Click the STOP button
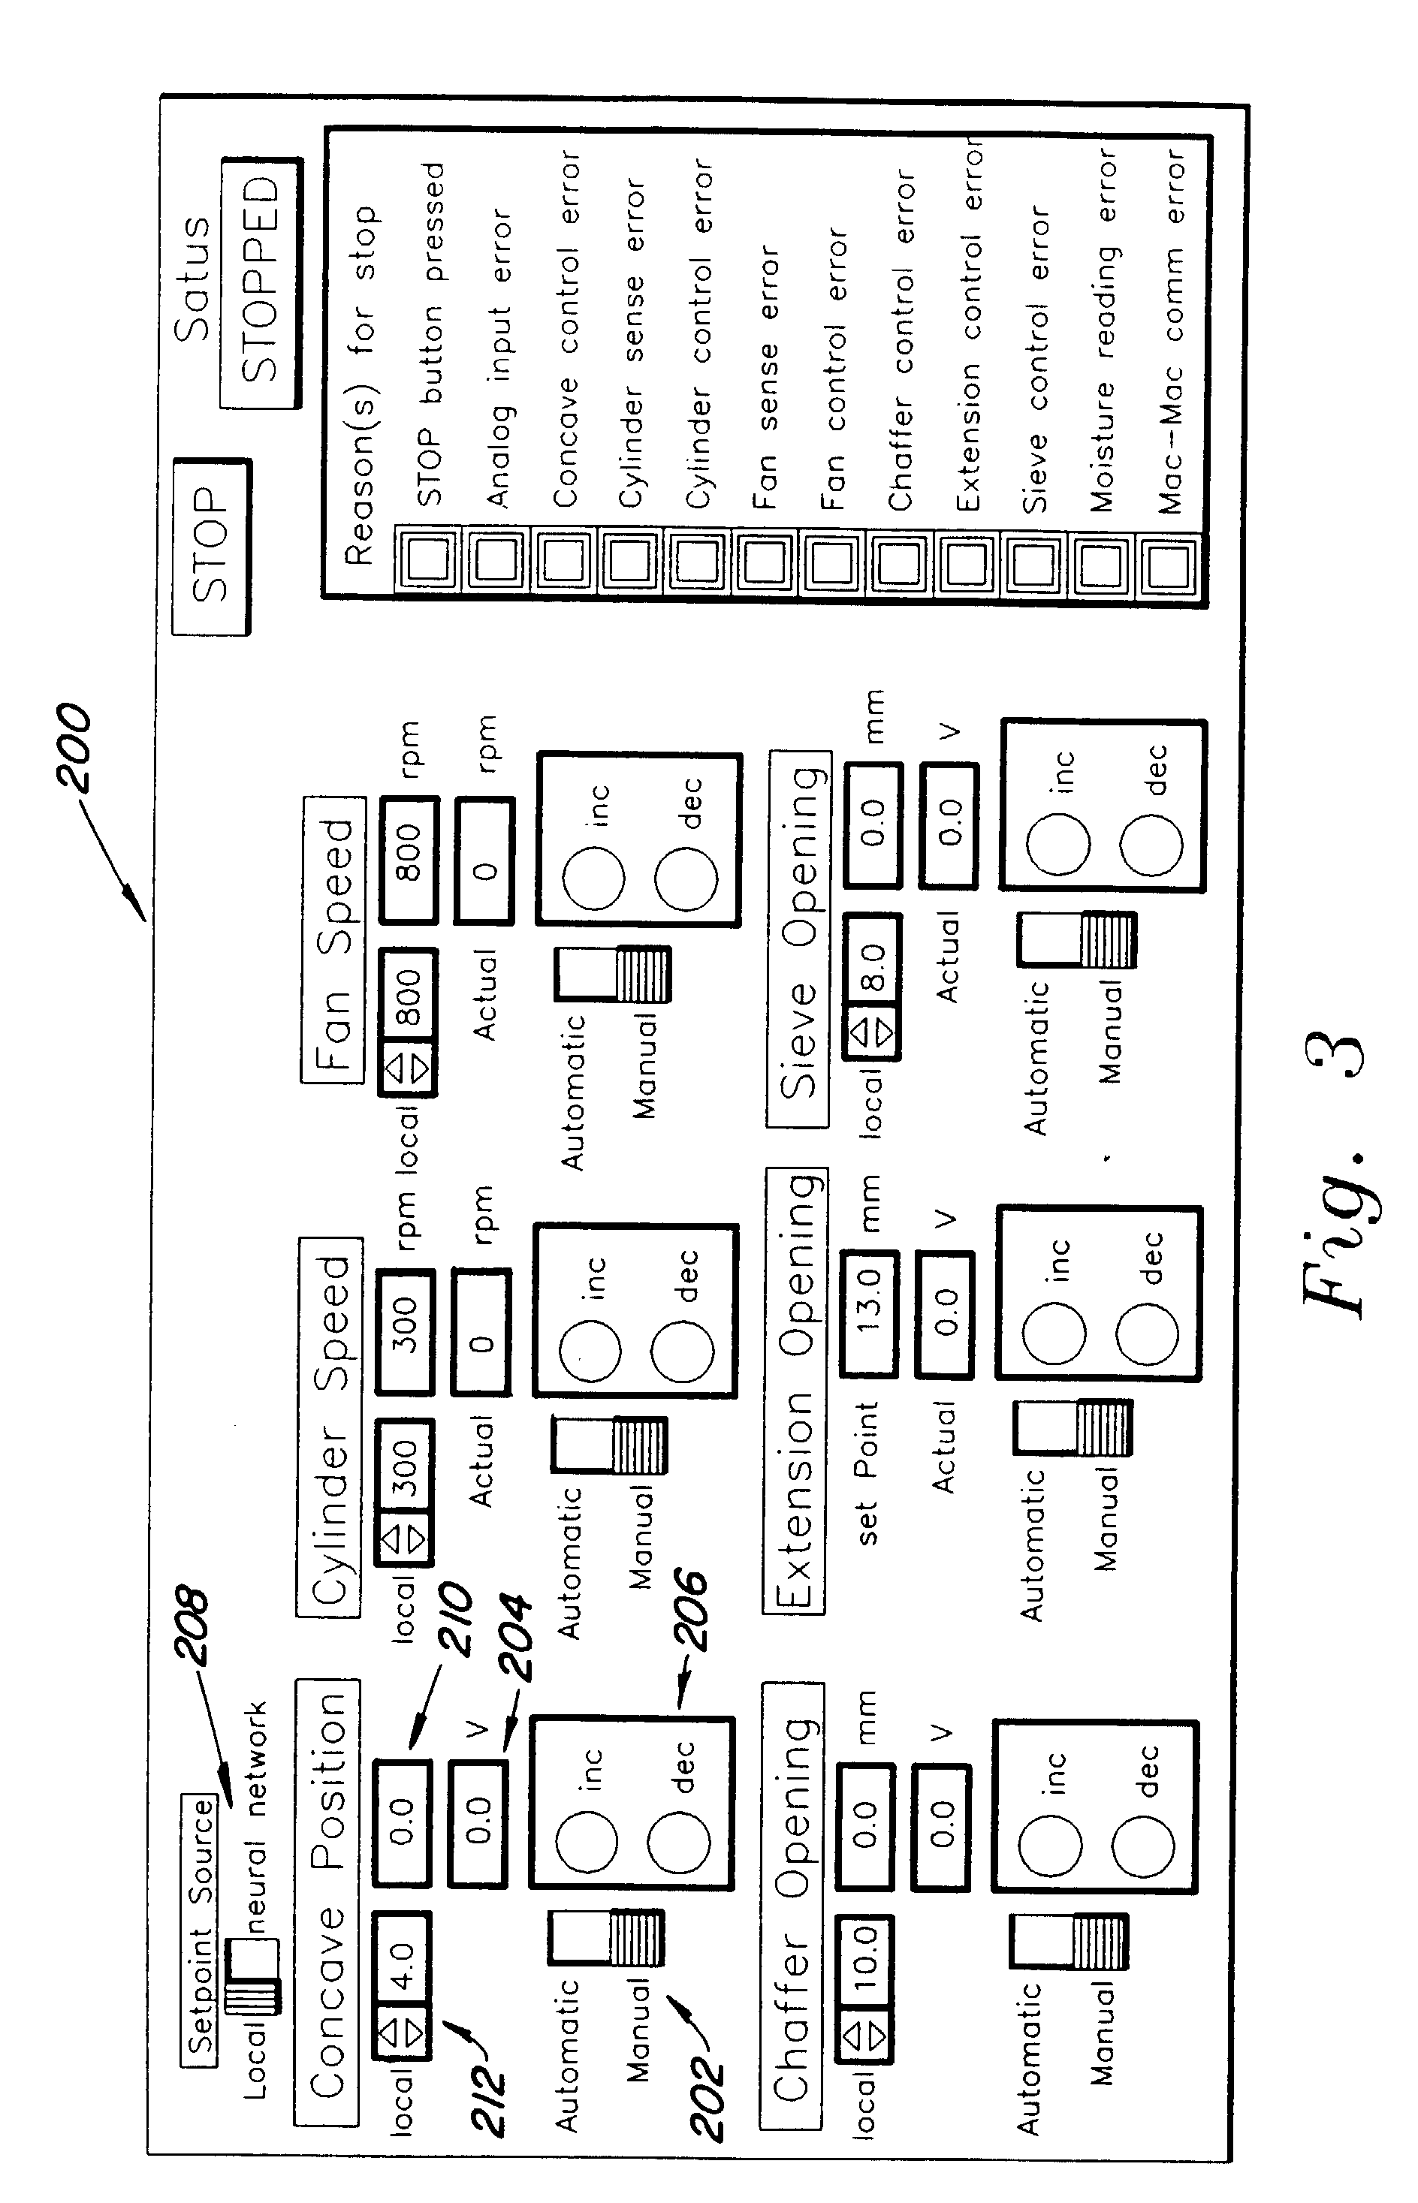[211, 546]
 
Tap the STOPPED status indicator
[261, 282]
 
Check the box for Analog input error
[496, 559]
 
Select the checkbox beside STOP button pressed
[428, 558]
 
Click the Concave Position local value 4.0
[403, 1951]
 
